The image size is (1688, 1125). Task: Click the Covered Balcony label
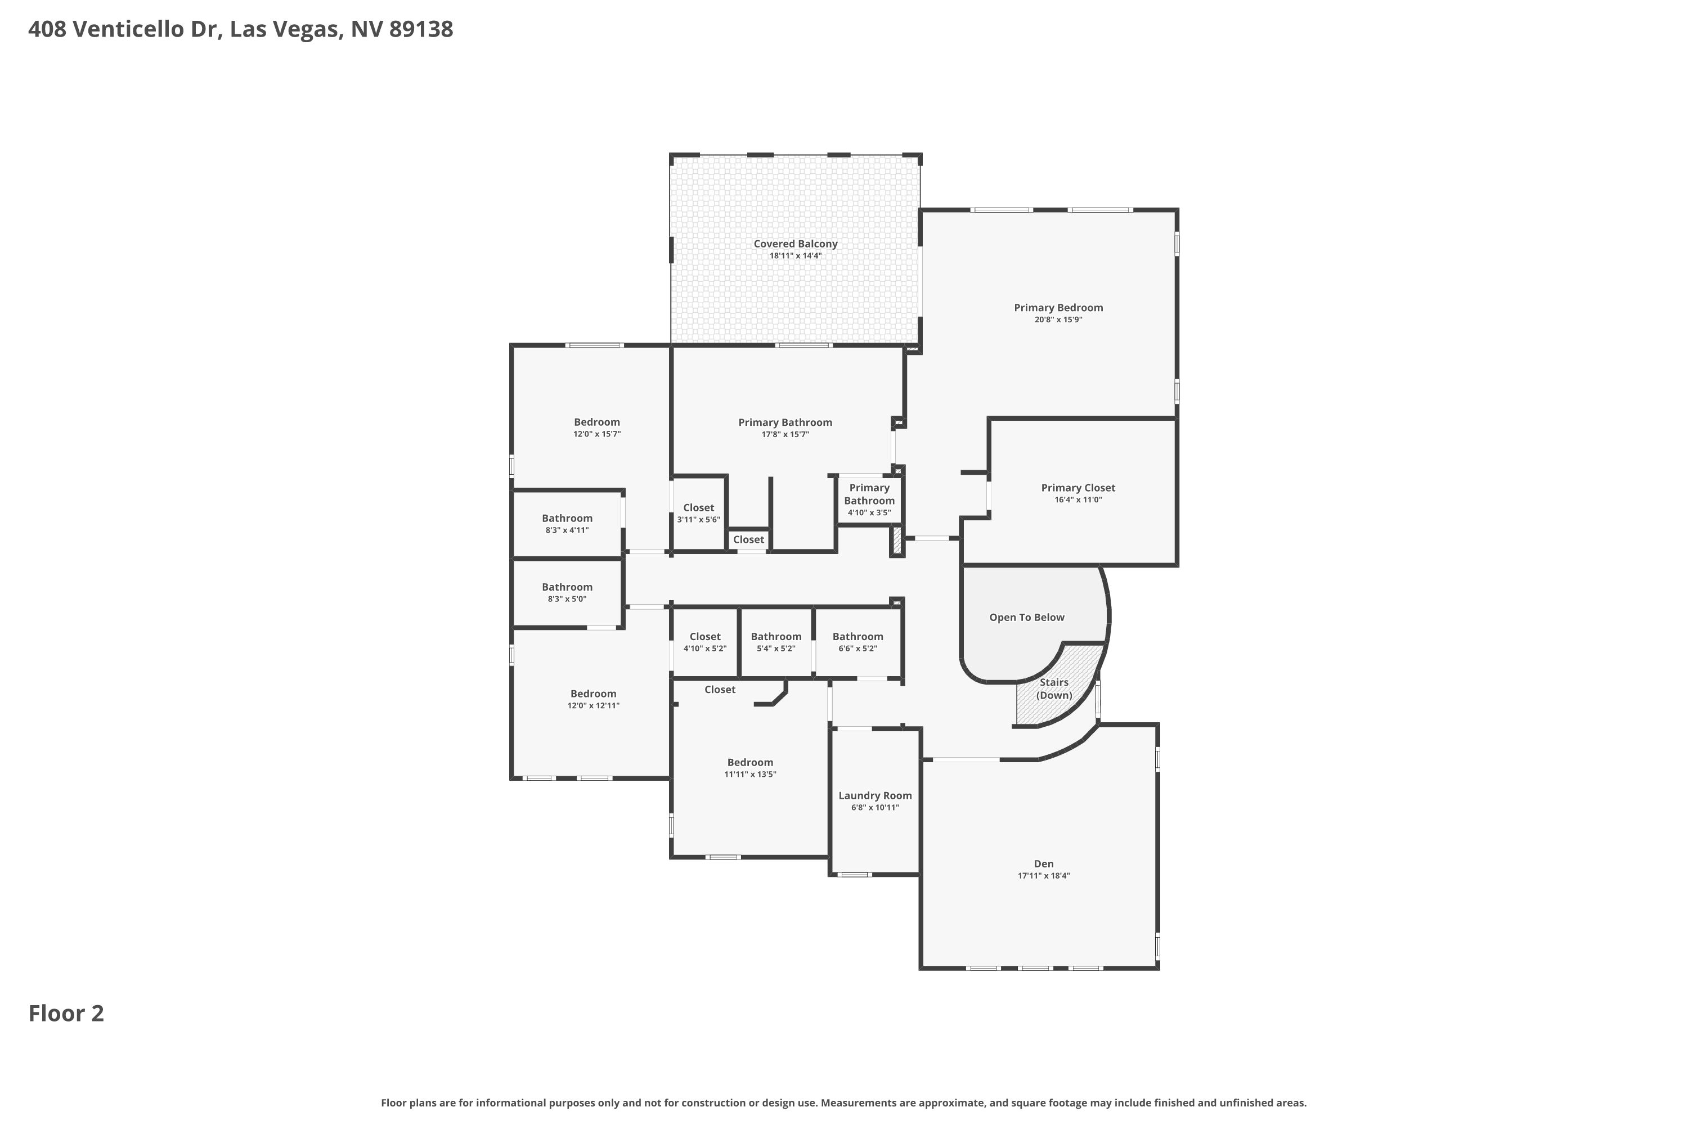point(795,244)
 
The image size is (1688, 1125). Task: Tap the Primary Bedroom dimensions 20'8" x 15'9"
point(1058,320)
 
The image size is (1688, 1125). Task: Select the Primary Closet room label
point(1078,488)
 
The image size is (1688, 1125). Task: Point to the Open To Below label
point(1026,617)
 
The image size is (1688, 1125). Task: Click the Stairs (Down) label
point(1053,688)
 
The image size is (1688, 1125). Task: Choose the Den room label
point(1044,864)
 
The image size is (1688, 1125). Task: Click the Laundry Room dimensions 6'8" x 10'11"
point(875,807)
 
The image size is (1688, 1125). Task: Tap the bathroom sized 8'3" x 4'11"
point(567,524)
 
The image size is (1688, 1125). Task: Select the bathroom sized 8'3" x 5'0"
point(567,593)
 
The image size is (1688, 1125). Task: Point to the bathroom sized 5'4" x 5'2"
point(776,642)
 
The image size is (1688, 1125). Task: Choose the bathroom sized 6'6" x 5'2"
point(858,642)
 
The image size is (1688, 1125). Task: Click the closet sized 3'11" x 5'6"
point(698,513)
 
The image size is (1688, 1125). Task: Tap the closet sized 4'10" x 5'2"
point(705,642)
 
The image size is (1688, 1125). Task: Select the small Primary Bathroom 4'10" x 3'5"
point(869,500)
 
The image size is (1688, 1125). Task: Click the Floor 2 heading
point(66,1013)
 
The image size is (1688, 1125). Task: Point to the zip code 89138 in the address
point(421,29)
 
